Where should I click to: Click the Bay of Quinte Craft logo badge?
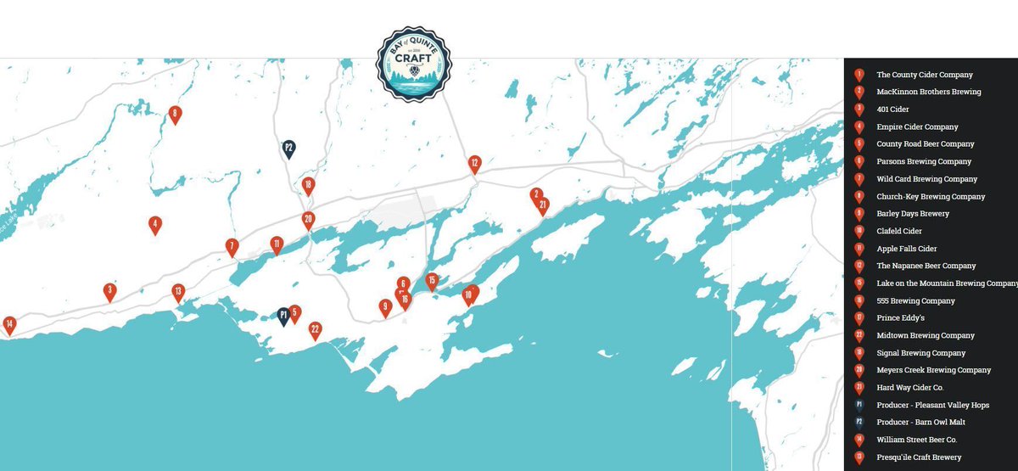(x=414, y=64)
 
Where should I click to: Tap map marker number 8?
(x=175, y=114)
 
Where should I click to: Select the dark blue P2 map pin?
(x=288, y=149)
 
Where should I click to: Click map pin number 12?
(x=474, y=163)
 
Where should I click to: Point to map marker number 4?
(x=154, y=225)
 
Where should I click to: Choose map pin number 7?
(x=232, y=247)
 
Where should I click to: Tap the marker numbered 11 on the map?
(x=277, y=244)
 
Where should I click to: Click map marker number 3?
(x=109, y=291)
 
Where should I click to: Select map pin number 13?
(x=178, y=292)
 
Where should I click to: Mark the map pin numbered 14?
(x=9, y=324)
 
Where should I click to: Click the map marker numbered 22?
(x=316, y=330)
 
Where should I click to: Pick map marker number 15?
(x=432, y=281)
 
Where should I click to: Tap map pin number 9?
(x=385, y=307)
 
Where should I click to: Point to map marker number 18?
(x=308, y=185)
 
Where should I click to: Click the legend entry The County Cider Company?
(x=924, y=75)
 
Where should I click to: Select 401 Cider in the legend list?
(x=893, y=109)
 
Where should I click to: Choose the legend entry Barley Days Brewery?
(x=913, y=214)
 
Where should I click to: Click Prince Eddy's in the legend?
(x=900, y=318)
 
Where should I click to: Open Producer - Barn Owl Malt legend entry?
(x=920, y=423)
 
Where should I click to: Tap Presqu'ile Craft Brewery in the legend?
(x=919, y=457)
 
